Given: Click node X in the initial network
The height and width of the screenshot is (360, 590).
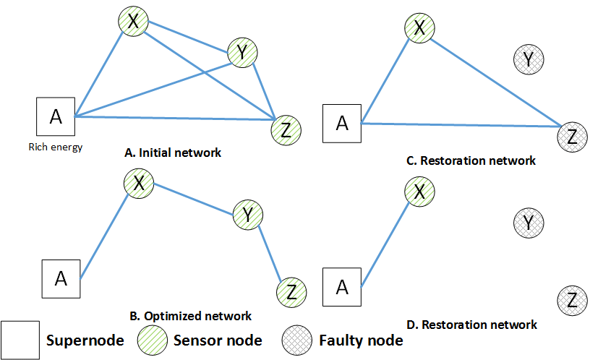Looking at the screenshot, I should (x=133, y=23).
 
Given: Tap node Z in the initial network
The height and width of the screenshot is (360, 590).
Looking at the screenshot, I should (x=285, y=130).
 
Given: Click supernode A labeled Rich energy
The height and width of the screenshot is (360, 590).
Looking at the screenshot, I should (x=56, y=117).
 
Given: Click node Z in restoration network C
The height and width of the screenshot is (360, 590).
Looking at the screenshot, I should (x=572, y=136).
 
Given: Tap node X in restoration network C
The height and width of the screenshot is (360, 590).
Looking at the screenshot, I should (x=419, y=28).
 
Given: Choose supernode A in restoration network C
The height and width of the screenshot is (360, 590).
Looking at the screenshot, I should (x=342, y=123).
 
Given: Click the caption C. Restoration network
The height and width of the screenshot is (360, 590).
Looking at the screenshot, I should (x=471, y=160).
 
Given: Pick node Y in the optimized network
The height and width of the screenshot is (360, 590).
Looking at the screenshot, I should (x=248, y=215).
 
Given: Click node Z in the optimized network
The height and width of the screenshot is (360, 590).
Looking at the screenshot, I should (x=291, y=292).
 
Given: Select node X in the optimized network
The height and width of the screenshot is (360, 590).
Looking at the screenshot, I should (x=139, y=183).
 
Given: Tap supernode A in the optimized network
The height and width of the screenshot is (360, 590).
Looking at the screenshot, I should (x=61, y=279).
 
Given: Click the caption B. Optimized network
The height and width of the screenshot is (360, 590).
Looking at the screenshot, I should (x=190, y=316).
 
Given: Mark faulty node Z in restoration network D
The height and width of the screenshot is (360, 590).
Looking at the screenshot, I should (x=572, y=299).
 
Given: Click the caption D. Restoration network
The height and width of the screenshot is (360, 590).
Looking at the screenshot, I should (x=471, y=324).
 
